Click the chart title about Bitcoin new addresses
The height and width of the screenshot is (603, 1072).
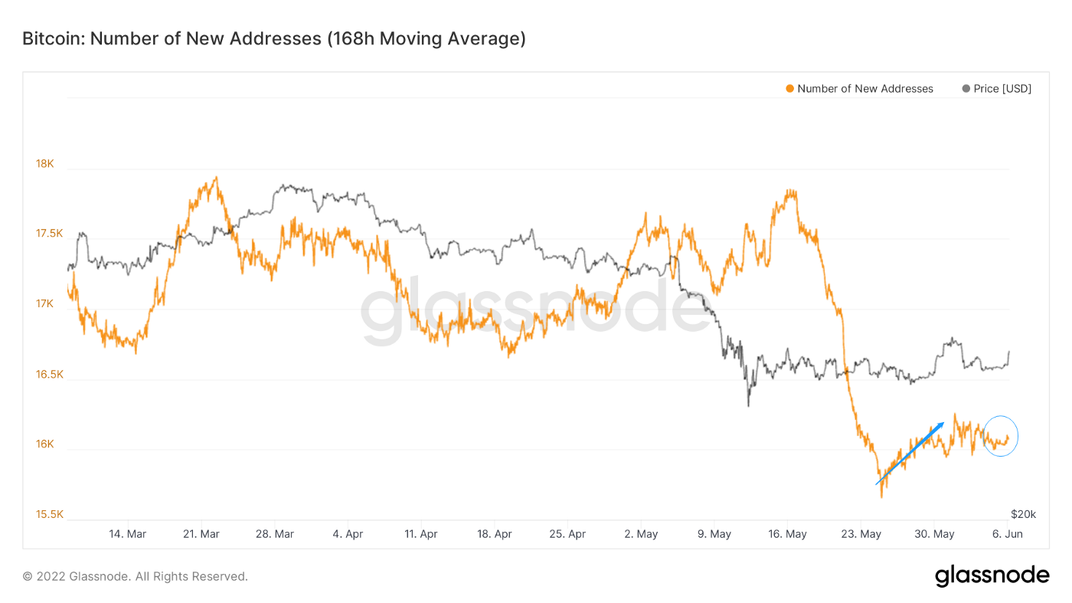point(273,38)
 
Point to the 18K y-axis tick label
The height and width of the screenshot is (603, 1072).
point(44,163)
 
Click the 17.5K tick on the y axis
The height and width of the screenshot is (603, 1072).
point(49,234)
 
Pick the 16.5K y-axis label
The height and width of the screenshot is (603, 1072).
point(49,375)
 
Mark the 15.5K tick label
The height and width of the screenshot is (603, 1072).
point(49,515)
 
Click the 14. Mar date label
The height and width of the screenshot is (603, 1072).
point(128,534)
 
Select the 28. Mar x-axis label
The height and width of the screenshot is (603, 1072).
point(274,534)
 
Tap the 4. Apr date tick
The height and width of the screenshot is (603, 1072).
point(348,534)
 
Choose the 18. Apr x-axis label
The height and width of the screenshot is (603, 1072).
point(495,534)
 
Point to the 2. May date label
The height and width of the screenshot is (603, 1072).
point(641,534)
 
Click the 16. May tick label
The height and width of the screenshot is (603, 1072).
point(787,534)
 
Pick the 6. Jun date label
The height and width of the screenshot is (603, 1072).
point(1008,534)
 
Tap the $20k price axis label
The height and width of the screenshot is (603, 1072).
point(1023,513)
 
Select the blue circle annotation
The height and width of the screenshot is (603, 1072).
point(1000,436)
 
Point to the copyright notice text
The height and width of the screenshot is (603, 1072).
point(135,576)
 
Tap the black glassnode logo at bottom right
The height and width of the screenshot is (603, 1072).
point(992,575)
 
